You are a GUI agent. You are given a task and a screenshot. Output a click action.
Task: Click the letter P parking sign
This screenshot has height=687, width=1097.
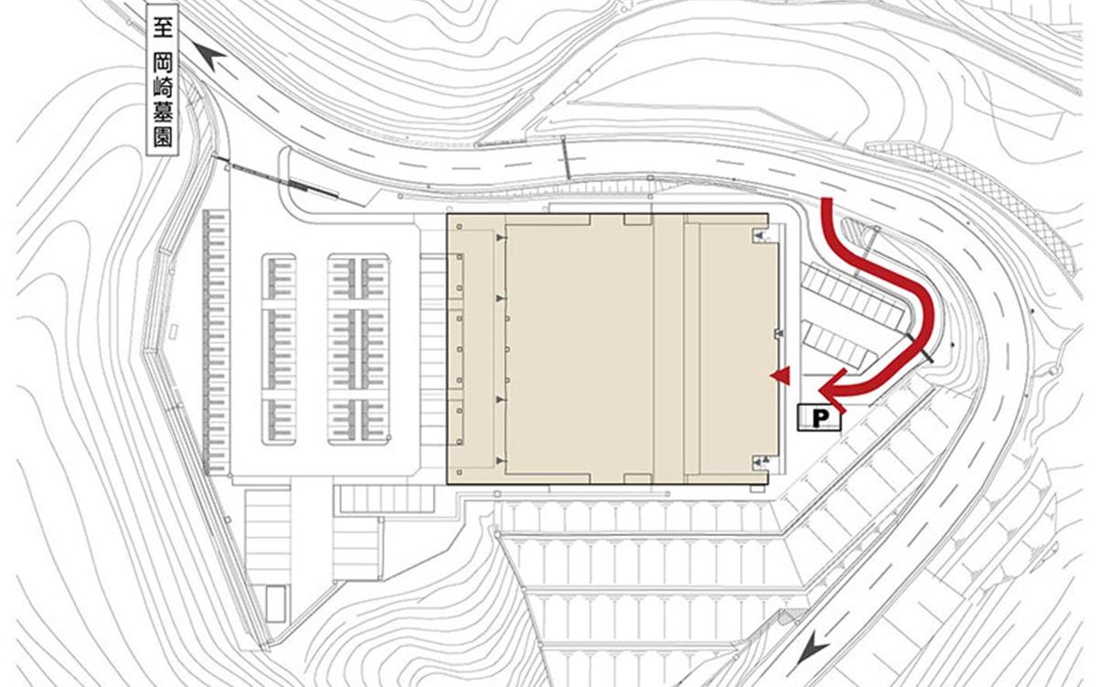click(820, 418)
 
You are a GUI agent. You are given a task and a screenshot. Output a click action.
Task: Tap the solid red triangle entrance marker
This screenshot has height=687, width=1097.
click(780, 376)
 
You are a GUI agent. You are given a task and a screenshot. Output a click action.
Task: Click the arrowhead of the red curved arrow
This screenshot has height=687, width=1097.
click(833, 391)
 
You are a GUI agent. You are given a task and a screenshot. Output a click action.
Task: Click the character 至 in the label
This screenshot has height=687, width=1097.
click(162, 27)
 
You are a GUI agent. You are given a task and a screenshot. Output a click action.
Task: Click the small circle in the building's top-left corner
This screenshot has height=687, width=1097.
click(459, 226)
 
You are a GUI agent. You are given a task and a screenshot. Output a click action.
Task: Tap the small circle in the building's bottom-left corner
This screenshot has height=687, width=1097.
click(459, 473)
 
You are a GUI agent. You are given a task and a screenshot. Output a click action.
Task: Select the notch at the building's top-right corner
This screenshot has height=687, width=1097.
click(760, 236)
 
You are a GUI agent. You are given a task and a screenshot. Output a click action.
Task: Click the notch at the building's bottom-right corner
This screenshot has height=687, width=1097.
click(760, 462)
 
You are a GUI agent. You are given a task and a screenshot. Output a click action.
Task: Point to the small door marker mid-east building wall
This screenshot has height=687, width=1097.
click(779, 334)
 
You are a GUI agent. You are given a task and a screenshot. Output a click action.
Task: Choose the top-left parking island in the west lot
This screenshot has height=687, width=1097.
click(279, 277)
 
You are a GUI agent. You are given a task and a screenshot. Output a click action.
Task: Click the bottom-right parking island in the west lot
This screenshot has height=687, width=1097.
click(358, 422)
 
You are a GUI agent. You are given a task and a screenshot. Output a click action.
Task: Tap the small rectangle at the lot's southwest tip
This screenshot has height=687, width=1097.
click(275, 604)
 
